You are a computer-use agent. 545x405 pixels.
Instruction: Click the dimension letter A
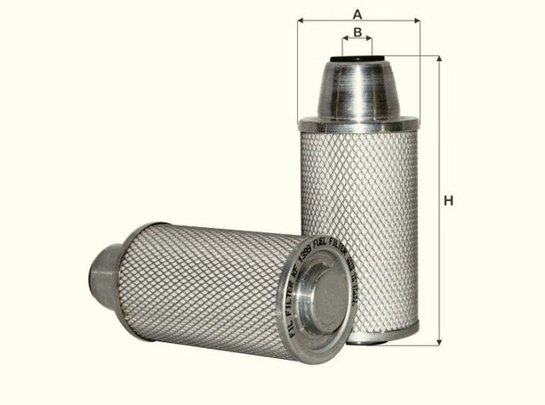(359, 13)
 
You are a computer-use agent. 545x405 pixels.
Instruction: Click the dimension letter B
(359, 32)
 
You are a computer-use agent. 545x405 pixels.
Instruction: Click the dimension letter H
(449, 201)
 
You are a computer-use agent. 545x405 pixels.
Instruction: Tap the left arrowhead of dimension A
(301, 20)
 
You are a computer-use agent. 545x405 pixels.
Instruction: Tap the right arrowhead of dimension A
(417, 20)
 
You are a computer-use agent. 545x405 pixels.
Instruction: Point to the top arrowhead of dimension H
(439, 60)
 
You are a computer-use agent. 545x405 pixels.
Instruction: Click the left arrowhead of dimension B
(345, 39)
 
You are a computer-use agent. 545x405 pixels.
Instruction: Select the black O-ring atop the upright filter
(358, 59)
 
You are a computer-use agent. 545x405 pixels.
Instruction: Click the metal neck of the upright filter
(358, 91)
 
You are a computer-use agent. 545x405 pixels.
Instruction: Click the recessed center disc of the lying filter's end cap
(321, 294)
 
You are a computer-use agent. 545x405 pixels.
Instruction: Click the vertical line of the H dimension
(439, 255)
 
